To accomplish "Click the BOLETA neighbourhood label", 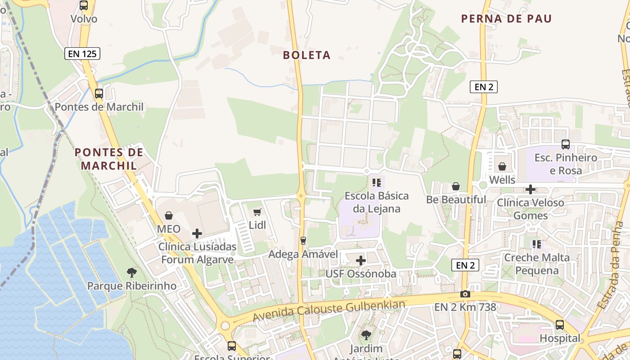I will coord(307,55).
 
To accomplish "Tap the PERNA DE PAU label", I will coord(506,19).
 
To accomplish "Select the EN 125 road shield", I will coord(82,54).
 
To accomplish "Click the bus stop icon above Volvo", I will coord(84,5).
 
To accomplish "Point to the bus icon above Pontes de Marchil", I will coord(99,94).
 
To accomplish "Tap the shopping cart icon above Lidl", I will coord(257,212).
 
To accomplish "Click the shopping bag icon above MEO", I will coord(169,216).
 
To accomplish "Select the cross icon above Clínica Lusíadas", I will coord(197,234).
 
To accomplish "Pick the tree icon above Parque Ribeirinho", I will coord(132,272).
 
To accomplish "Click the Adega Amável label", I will coord(303,254).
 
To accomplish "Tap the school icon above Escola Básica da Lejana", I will coord(377,183).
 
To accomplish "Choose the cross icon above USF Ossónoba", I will coord(361,261).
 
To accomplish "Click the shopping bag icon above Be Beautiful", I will coord(456,186).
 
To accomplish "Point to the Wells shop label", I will coord(502,180).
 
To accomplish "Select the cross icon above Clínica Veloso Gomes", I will coord(531,189).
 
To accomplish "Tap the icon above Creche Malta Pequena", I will coord(536,244).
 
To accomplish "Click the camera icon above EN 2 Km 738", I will coord(465,294).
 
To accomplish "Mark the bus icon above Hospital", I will coord(560,325).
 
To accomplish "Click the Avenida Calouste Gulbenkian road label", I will coord(328,310).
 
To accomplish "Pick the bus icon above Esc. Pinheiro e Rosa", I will coord(566,144).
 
